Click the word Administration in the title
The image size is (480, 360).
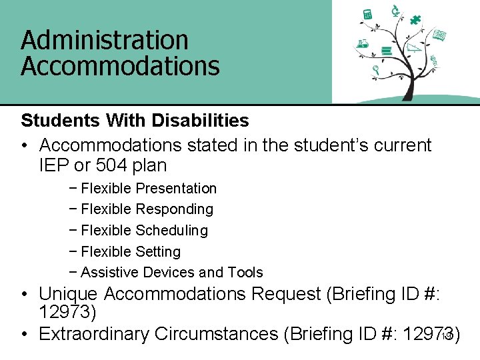pyautogui.click(x=105, y=41)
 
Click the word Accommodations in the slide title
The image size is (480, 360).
pyautogui.click(x=120, y=67)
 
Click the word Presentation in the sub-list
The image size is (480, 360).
pyautogui.click(x=176, y=189)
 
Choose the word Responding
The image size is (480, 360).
pyautogui.click(x=175, y=209)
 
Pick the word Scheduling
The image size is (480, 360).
pyautogui.click(x=172, y=231)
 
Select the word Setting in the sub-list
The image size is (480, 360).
pyautogui.click(x=158, y=252)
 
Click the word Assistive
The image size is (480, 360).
pyautogui.click(x=109, y=273)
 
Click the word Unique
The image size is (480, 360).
pyautogui.click(x=69, y=294)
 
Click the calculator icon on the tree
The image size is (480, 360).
pyautogui.click(x=367, y=14)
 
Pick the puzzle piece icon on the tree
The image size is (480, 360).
pyautogui.click(x=416, y=19)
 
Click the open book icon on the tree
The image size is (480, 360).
pyautogui.click(x=439, y=35)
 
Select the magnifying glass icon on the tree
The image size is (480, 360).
pyautogui.click(x=376, y=69)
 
